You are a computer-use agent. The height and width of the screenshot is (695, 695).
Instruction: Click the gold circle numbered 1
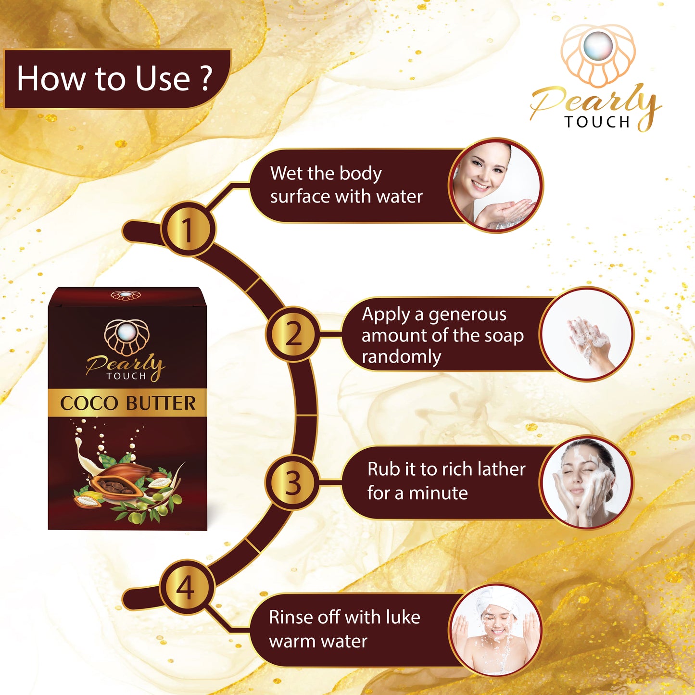[x=188, y=229]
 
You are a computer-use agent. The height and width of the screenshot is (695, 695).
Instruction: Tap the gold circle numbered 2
[x=293, y=334]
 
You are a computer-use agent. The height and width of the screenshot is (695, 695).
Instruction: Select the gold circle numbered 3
[x=292, y=482]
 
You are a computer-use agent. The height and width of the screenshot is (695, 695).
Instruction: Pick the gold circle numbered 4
[x=187, y=587]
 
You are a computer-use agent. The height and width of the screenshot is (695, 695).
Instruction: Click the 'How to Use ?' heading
[x=114, y=78]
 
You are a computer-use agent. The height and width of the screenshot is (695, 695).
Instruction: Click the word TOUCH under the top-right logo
[x=597, y=122]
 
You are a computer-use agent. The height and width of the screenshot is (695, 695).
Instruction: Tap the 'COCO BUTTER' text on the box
[x=127, y=403]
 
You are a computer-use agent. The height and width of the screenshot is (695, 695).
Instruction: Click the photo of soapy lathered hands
[x=587, y=334]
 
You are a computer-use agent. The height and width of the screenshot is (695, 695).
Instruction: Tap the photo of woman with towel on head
[x=495, y=630]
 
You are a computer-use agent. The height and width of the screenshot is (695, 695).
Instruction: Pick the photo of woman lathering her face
[x=586, y=482]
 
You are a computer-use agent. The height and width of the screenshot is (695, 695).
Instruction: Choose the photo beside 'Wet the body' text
[x=495, y=185]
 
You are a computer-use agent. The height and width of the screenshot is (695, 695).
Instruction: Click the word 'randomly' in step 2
[x=402, y=357]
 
